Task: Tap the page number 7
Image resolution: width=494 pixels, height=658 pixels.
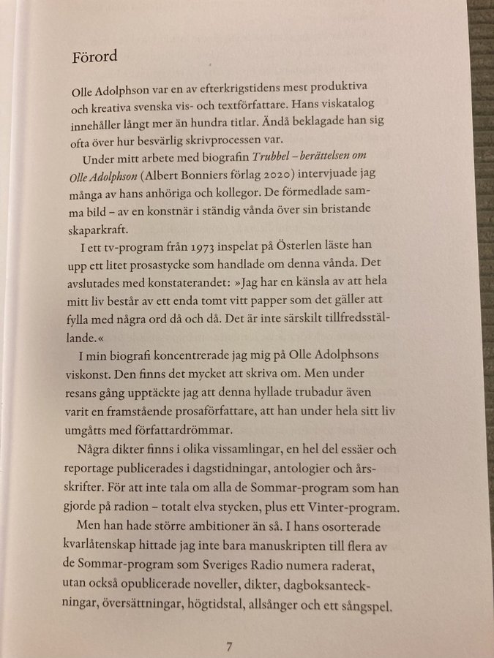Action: pyautogui.click(x=229, y=646)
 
